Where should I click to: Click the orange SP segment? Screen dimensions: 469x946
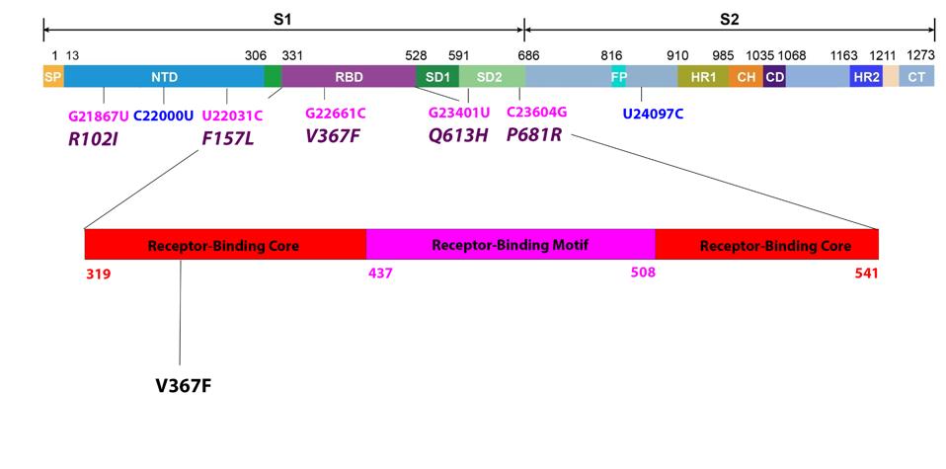52,75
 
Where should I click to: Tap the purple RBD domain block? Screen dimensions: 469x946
348,75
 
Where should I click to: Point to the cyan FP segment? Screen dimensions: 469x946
618,75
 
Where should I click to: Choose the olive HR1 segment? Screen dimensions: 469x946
702,75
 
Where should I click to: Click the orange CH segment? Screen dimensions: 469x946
746,75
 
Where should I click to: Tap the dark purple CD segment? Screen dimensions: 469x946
774,75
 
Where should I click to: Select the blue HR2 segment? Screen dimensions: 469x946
866,75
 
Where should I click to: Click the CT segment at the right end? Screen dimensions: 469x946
916,75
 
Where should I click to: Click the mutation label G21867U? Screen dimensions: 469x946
98,114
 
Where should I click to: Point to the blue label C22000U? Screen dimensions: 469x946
164,114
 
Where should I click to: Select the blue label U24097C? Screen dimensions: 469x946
653,114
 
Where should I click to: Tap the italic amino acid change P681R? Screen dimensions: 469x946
534,134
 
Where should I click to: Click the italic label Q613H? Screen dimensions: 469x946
457,135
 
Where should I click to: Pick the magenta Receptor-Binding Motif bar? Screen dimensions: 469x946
511,244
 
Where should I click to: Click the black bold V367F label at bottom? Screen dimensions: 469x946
183,384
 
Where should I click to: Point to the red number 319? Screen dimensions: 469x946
98,274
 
